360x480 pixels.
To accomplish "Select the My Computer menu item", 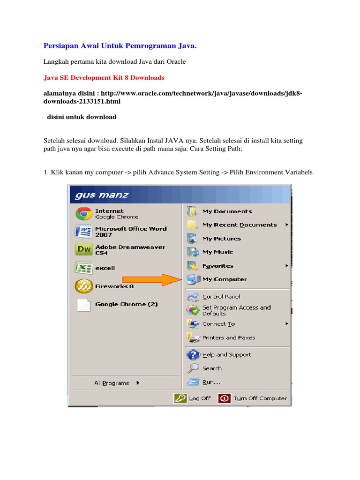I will pyautogui.click(x=224, y=279).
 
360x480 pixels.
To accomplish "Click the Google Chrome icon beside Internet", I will pyautogui.click(x=83, y=214).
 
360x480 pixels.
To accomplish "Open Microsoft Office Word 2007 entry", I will pyautogui.click(x=130, y=232).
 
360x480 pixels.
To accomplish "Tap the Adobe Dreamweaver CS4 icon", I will pyautogui.click(x=83, y=250).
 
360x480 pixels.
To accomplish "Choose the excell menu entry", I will pyautogui.click(x=105, y=268).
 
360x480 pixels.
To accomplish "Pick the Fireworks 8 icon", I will pyautogui.click(x=83, y=286).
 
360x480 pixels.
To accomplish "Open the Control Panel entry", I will pyautogui.click(x=221, y=297).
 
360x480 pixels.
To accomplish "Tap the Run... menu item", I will pyautogui.click(x=211, y=382).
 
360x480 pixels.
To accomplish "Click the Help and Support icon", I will pyautogui.click(x=193, y=355).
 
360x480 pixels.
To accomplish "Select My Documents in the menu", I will pyautogui.click(x=227, y=211).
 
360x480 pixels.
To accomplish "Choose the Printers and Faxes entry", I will pyautogui.click(x=228, y=337).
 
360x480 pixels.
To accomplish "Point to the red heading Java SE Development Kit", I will pyautogui.click(x=104, y=77).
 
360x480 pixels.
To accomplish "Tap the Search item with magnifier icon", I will pyautogui.click(x=212, y=368).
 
